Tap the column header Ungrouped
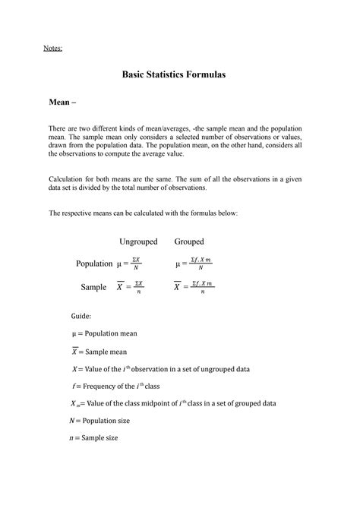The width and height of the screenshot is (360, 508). (138, 241)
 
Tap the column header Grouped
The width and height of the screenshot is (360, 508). (189, 241)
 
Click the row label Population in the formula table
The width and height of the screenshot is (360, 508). (94, 263)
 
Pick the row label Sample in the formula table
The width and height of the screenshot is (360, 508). (94, 287)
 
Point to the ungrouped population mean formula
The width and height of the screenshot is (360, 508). (128, 263)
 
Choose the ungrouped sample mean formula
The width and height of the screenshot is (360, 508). (129, 287)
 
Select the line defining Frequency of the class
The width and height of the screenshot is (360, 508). (122, 386)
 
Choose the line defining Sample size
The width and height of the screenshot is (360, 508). (95, 437)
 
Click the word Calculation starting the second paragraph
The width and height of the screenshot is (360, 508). (67, 177)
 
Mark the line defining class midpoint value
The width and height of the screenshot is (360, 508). (173, 403)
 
